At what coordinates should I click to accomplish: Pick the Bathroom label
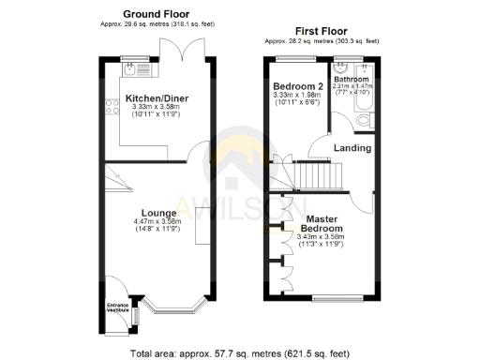click(352, 80)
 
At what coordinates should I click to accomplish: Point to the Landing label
click(352, 148)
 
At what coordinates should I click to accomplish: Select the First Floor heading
click(322, 31)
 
